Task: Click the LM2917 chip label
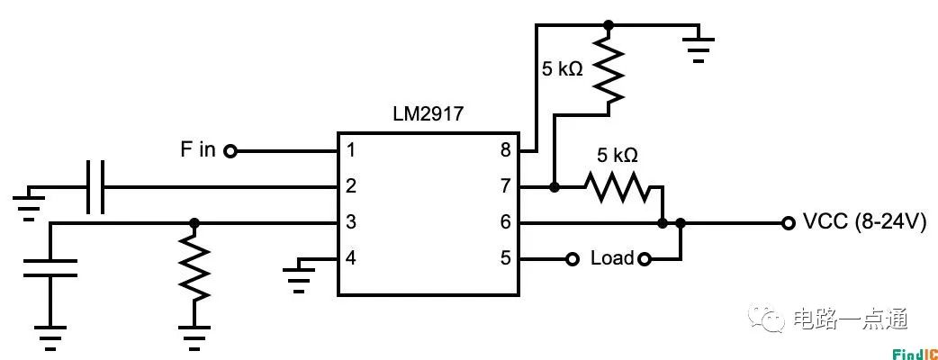click(428, 115)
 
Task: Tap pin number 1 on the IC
click(352, 150)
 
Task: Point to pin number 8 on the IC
click(505, 150)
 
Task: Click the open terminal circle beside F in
click(230, 151)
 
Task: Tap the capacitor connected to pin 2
click(95, 187)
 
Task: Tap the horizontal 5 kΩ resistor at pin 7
click(617, 187)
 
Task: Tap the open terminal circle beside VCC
click(789, 222)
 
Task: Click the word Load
click(612, 259)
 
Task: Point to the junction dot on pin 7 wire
click(554, 187)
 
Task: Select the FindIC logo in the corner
click(915, 351)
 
